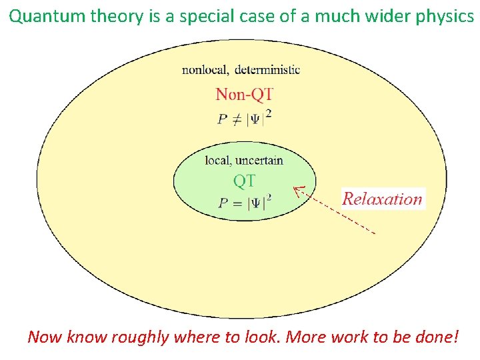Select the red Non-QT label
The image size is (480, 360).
245,94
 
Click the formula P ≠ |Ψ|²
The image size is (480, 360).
245,117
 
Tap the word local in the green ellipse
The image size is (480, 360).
217,160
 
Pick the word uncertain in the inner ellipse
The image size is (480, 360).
258,160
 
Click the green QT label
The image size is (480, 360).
244,181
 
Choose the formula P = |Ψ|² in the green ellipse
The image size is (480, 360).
245,202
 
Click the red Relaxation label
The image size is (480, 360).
383,199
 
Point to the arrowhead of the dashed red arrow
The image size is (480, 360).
297,189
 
